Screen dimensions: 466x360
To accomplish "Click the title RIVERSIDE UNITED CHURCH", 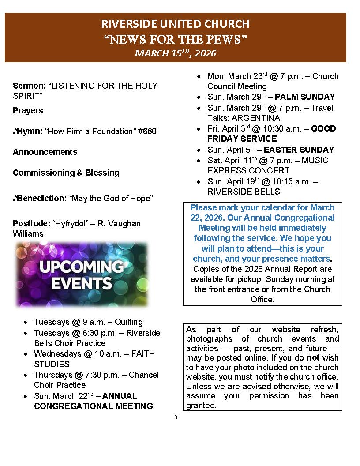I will [x=175, y=24].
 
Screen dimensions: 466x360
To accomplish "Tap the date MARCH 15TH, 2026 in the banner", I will [x=175, y=53].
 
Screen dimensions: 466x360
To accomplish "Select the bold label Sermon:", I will [x=30, y=86].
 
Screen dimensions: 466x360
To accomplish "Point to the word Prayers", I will [x=28, y=110].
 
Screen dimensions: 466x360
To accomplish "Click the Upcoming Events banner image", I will [x=81, y=274].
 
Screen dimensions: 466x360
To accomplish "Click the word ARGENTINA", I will [x=244, y=118].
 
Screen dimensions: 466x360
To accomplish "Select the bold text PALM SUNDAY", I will [x=305, y=97].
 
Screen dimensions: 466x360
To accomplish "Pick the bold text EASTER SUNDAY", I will [x=305, y=150].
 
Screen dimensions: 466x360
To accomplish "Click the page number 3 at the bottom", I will [x=176, y=417].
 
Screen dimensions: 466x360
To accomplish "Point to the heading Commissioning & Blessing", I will [x=66, y=173].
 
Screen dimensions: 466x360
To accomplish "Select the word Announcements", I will [x=45, y=152].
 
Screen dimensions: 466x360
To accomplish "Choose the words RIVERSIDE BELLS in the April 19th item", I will [x=244, y=192].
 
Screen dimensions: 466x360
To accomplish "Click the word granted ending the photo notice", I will [x=201, y=405].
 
